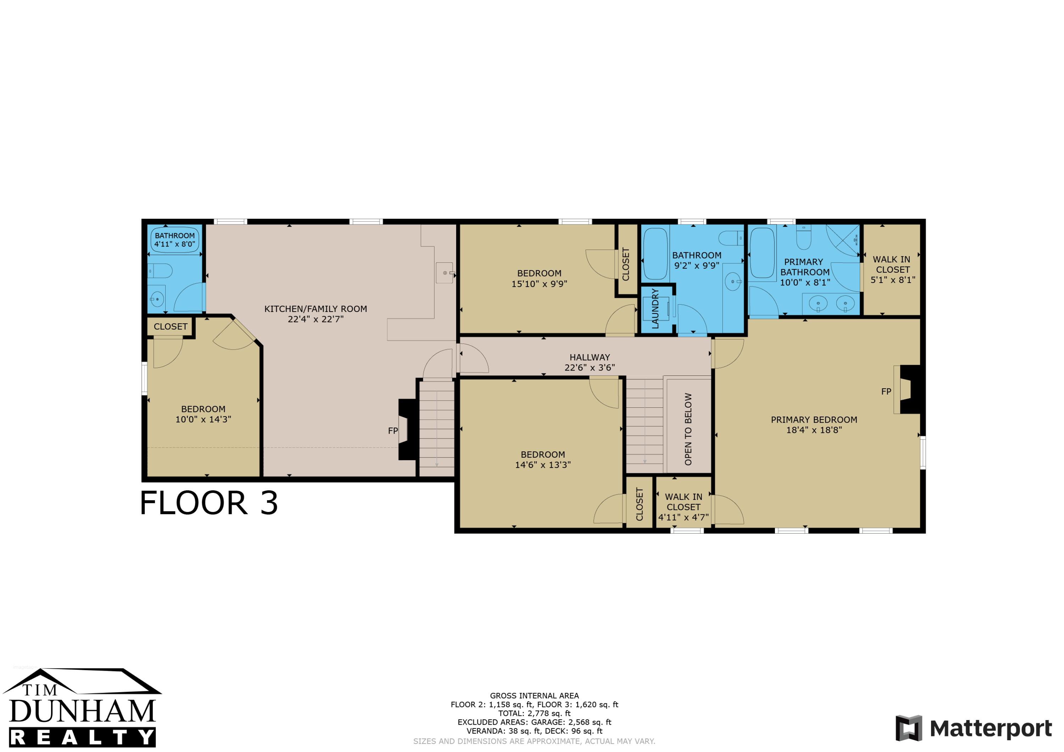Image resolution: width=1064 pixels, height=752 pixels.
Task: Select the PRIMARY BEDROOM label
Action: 814,420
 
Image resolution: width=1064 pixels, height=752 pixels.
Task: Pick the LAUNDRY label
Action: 655,308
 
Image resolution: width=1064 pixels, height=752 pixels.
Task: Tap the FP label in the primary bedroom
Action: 886,391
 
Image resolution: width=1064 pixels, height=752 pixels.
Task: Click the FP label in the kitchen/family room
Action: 393,431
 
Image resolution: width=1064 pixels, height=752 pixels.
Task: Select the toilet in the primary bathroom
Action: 804,237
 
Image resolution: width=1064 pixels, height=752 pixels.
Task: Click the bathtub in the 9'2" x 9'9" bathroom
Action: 656,254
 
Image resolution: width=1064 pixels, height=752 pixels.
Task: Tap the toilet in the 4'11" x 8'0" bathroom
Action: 160,271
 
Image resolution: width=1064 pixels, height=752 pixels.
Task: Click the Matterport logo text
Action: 991,729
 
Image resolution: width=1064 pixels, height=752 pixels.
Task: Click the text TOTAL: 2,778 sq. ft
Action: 534,714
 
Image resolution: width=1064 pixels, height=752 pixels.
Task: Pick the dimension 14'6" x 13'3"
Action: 543,465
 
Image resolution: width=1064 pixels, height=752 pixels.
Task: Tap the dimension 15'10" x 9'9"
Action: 539,284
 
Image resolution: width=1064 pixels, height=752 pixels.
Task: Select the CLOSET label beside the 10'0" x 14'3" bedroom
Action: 171,327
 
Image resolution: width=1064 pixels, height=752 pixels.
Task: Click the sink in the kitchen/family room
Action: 445,273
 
